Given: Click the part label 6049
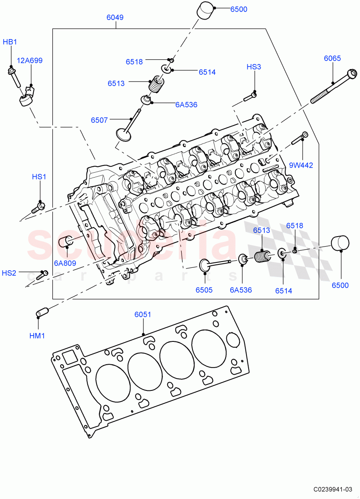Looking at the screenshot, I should tap(115, 17).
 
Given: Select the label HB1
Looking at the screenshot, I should tap(10, 42).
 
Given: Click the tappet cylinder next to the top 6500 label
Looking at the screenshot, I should tap(205, 10).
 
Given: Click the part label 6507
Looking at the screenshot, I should tap(99, 120).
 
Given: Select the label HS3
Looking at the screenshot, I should tap(254, 67).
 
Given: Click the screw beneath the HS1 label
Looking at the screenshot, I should tap(38, 207).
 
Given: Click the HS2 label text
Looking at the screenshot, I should tap(9, 273).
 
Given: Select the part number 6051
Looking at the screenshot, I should tap(143, 315).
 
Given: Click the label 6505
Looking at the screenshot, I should tap(204, 290).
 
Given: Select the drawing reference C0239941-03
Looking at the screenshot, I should tap(333, 489).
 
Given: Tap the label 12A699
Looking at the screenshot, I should tap(29, 61).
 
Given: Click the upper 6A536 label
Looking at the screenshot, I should tap(186, 105).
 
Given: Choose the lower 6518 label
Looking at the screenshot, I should tap(294, 226).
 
